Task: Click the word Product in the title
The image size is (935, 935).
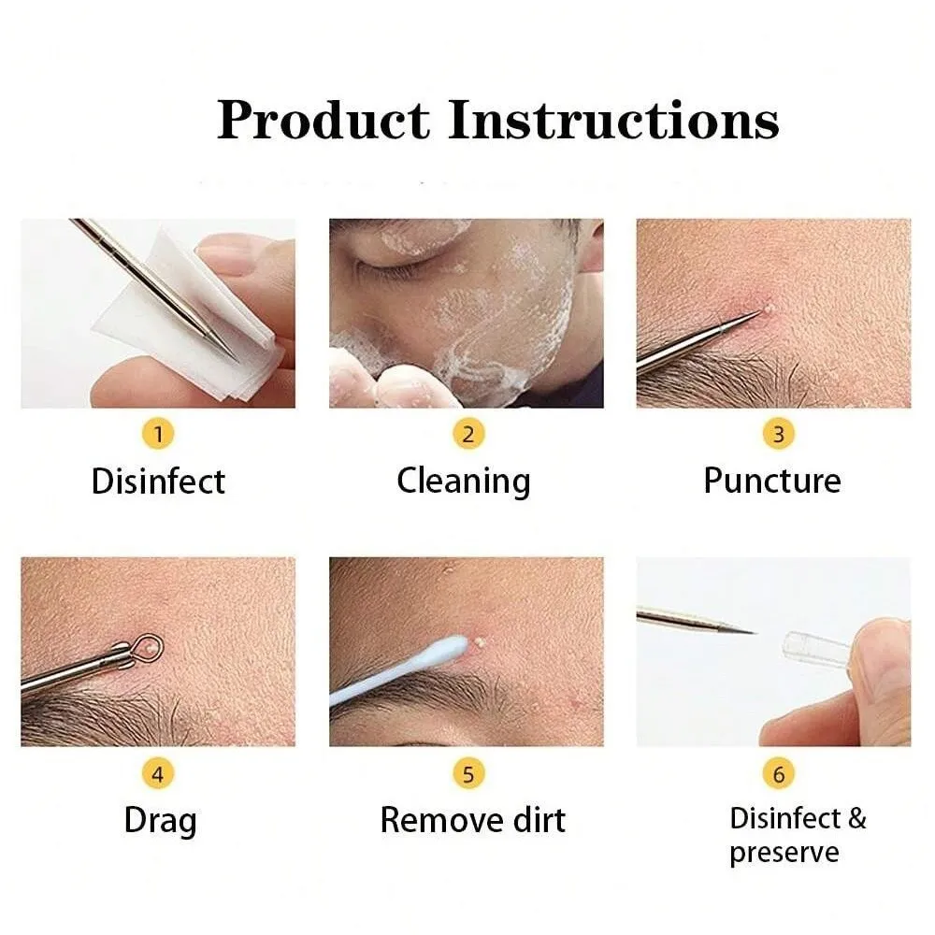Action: [x=323, y=121]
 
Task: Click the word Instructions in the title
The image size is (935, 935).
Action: [x=612, y=121]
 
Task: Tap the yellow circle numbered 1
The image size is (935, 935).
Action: [x=158, y=434]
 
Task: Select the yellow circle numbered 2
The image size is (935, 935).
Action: [x=468, y=434]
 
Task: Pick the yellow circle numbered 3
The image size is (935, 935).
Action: [x=778, y=434]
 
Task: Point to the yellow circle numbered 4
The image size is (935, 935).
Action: [x=158, y=774]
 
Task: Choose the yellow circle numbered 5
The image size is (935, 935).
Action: [x=468, y=774]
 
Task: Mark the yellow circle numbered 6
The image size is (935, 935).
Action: [x=778, y=774]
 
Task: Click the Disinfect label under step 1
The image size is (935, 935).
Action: [x=158, y=482]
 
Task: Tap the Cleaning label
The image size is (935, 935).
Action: [x=464, y=482]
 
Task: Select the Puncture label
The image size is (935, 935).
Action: [x=772, y=482]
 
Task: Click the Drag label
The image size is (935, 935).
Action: [x=160, y=821]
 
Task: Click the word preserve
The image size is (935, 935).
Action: [x=784, y=853]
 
